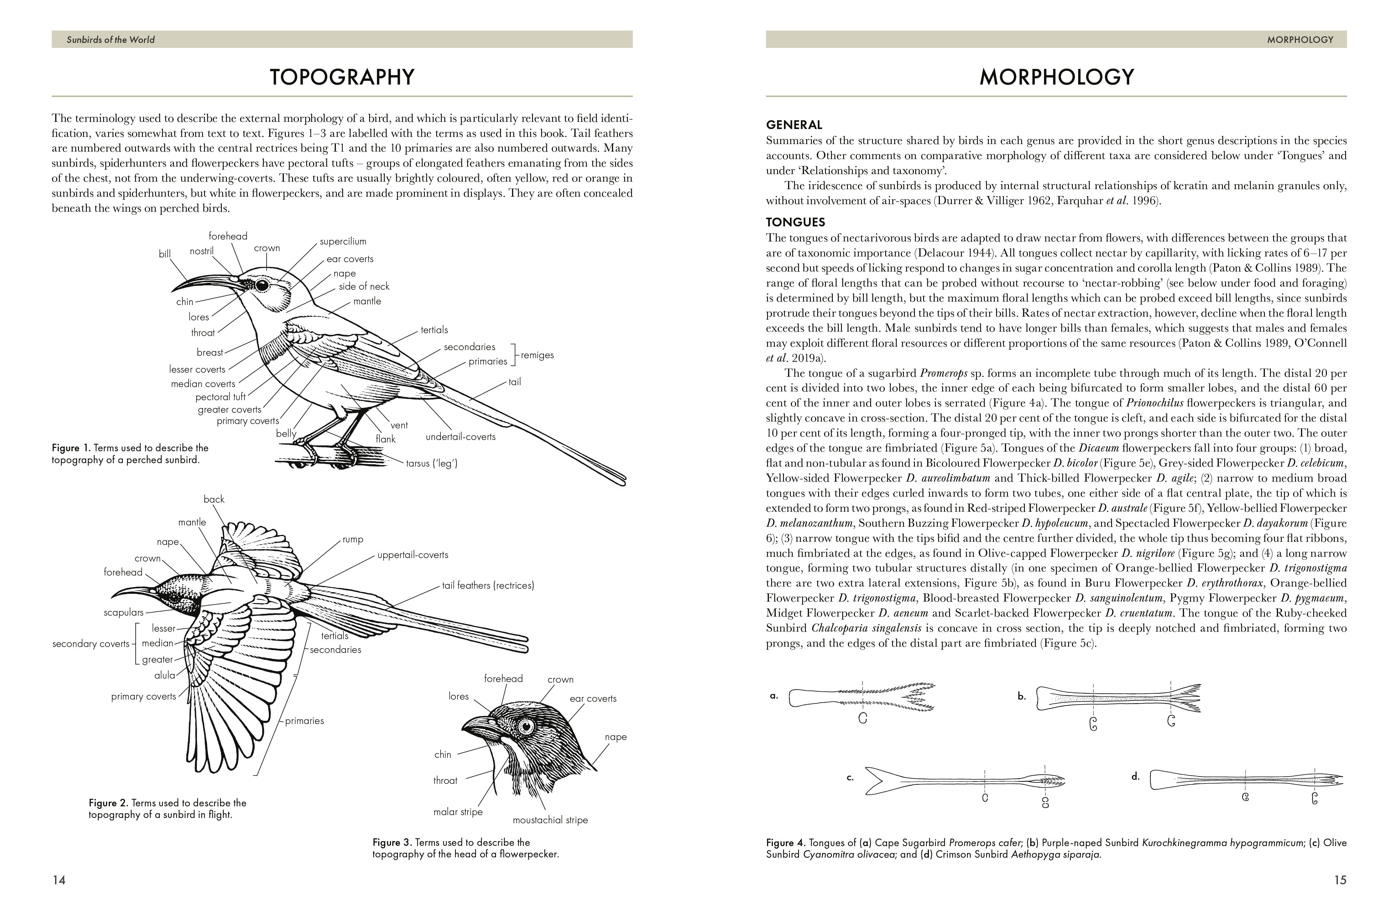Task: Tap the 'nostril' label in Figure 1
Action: pyautogui.click(x=201, y=251)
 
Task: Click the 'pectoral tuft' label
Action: pyautogui.click(x=221, y=397)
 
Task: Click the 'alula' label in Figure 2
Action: pyautogui.click(x=164, y=675)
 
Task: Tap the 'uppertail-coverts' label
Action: pyautogui.click(x=413, y=555)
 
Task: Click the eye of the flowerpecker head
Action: pyautogui.click(x=525, y=727)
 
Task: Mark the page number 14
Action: pyautogui.click(x=59, y=880)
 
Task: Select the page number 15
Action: pyautogui.click(x=1340, y=880)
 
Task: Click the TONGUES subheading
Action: pyautogui.click(x=795, y=222)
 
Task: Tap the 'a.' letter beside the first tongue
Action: pyautogui.click(x=774, y=696)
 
